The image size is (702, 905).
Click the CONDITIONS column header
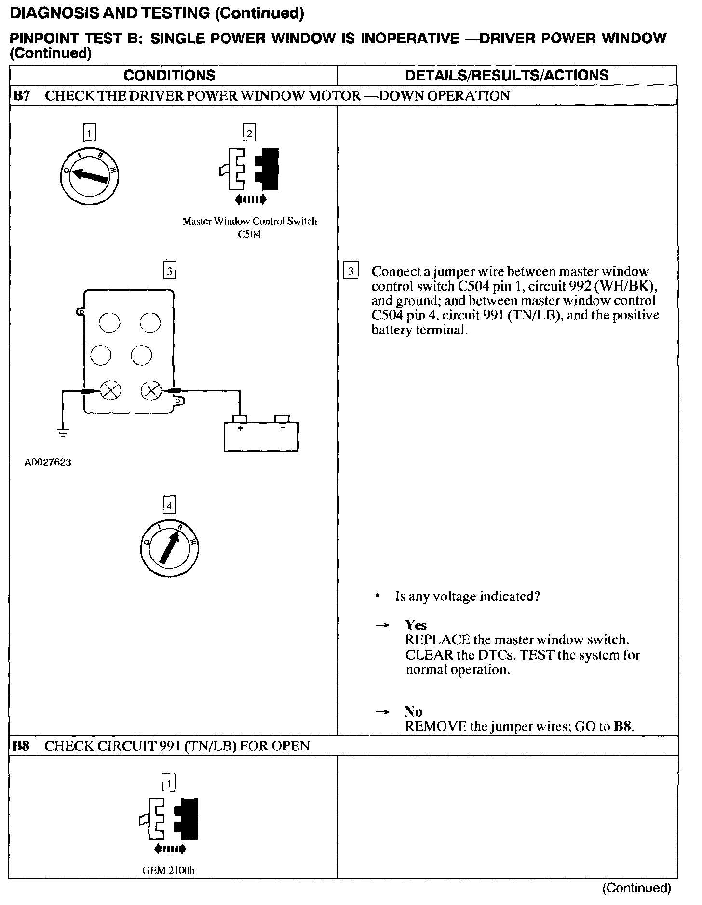(x=169, y=75)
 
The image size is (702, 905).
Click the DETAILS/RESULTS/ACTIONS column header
(x=507, y=75)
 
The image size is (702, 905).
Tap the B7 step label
(x=22, y=95)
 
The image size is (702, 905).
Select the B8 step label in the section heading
(x=21, y=746)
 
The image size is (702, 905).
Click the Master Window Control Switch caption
(x=250, y=221)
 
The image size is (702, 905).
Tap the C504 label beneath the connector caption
(x=249, y=236)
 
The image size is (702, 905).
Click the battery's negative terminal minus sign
(x=282, y=427)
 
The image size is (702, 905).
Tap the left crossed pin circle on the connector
(x=110, y=390)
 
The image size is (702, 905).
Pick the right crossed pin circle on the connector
(x=151, y=390)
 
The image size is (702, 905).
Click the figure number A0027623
(x=48, y=462)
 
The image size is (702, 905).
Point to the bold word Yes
(x=416, y=625)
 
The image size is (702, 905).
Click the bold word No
(x=413, y=712)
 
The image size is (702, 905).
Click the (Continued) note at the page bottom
(x=636, y=888)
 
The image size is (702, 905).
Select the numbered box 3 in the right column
(x=351, y=272)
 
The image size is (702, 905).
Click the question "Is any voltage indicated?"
(x=467, y=597)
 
